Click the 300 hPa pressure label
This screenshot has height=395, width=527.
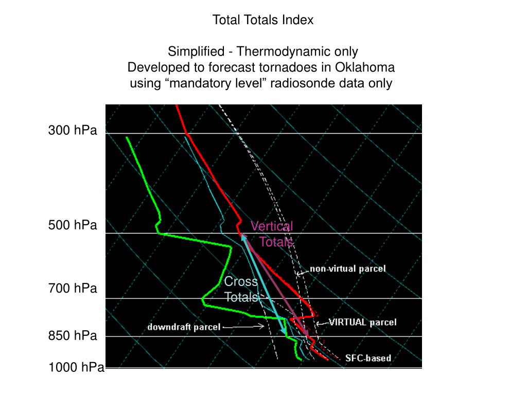73,131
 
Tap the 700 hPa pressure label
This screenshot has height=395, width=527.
73,289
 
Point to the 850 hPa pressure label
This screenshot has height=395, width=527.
73,336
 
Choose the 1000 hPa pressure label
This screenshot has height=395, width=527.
76,367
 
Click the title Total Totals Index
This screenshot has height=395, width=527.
263,20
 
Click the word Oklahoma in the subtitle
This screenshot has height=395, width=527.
365,67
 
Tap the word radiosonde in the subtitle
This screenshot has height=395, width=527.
308,83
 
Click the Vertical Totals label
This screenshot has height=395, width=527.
273,234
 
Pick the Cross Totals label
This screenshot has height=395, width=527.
241,290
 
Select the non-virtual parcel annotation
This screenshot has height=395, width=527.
347,268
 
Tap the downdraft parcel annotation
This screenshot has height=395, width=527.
184,327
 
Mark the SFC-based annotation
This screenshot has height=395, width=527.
368,358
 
